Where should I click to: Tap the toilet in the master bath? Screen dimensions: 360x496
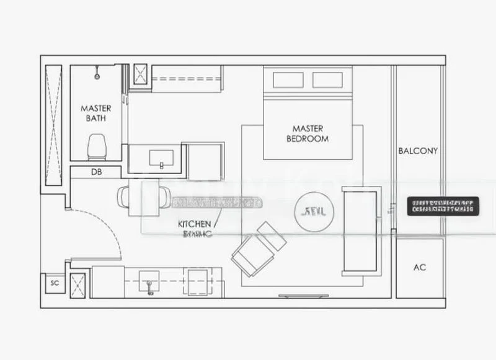pyautogui.click(x=97, y=148)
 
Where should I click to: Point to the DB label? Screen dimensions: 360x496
pyautogui.click(x=97, y=172)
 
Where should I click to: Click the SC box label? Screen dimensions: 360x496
pyautogui.click(x=54, y=283)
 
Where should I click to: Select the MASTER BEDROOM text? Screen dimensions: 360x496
pyautogui.click(x=308, y=133)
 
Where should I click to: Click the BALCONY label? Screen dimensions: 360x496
pyautogui.click(x=418, y=151)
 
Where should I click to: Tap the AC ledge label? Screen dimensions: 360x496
pyautogui.click(x=420, y=268)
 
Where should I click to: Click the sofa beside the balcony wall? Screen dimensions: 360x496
pyautogui.click(x=359, y=230)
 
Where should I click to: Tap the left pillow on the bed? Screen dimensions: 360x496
pyautogui.click(x=285, y=80)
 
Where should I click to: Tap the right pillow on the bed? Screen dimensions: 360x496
pyautogui.click(x=327, y=80)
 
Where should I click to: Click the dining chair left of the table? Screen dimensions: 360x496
pyautogui.click(x=123, y=198)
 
